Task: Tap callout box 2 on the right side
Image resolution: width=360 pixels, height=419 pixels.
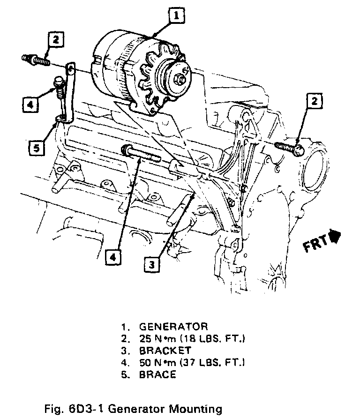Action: [x=315, y=101]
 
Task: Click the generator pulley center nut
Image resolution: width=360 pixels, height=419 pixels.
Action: [x=180, y=79]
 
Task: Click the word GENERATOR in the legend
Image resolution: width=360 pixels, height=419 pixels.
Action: [x=173, y=327]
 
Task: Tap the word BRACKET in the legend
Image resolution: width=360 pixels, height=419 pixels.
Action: [x=165, y=350]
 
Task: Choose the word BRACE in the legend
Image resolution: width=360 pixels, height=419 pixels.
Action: [x=157, y=374]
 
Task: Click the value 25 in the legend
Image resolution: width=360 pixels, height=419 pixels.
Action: [x=145, y=338]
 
